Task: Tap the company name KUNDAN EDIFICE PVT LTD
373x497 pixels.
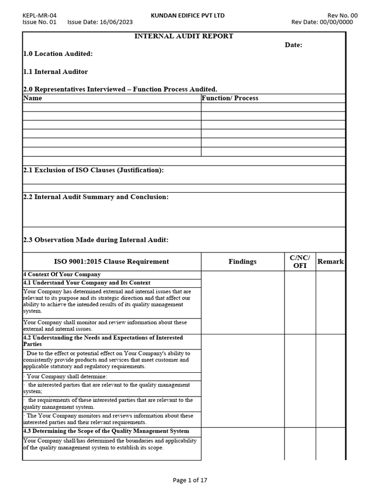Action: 187,16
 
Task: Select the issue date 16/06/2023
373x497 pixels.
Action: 115,22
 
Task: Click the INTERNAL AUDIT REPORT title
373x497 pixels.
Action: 184,36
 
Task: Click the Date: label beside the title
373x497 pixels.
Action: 293,45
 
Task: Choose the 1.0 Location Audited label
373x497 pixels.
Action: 58,54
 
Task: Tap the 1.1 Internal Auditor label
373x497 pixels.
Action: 55,72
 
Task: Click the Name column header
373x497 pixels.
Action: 33,98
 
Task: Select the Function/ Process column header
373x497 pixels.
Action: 230,98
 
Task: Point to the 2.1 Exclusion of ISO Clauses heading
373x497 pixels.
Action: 93,170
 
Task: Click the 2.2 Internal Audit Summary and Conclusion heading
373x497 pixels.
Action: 96,197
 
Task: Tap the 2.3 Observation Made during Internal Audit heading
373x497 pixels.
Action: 96,240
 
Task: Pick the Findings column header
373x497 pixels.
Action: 242,262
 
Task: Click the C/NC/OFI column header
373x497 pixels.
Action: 300,262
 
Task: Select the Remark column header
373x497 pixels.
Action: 330,262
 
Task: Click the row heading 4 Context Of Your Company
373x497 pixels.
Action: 62,275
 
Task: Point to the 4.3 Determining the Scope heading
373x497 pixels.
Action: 106,431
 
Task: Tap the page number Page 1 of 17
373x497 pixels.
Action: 190,480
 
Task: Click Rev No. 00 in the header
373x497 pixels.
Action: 343,16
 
